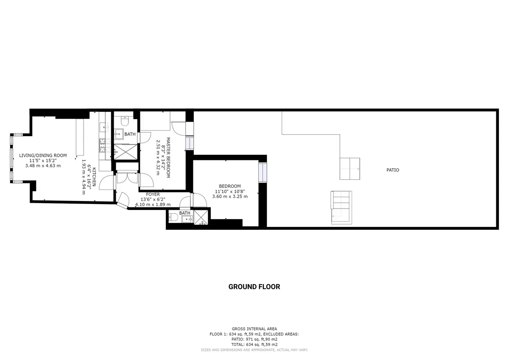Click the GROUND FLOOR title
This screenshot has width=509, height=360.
[254, 287]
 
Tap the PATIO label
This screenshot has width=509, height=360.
[393, 170]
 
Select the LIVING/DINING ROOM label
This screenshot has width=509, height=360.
[43, 155]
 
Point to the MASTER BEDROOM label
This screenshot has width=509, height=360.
[168, 157]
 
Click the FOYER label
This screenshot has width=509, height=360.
[153, 194]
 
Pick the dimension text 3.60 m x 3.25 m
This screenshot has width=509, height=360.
[230, 196]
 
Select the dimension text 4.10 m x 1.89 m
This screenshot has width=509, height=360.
[153, 204]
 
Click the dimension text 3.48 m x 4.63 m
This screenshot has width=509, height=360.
[43, 165]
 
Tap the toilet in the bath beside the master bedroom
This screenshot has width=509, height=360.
[125, 121]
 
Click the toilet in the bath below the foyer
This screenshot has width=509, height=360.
[173, 218]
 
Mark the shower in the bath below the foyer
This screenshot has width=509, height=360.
[201, 218]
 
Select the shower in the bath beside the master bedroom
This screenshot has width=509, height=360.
[126, 152]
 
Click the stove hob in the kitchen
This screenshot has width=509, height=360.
[105, 145]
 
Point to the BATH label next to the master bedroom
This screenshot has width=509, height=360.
[130, 134]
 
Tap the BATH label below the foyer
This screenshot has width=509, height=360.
[185, 213]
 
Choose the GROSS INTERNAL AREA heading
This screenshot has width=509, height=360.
[254, 329]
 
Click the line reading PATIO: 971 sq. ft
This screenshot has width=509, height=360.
[254, 339]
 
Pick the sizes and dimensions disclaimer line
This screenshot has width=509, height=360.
[254, 350]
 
